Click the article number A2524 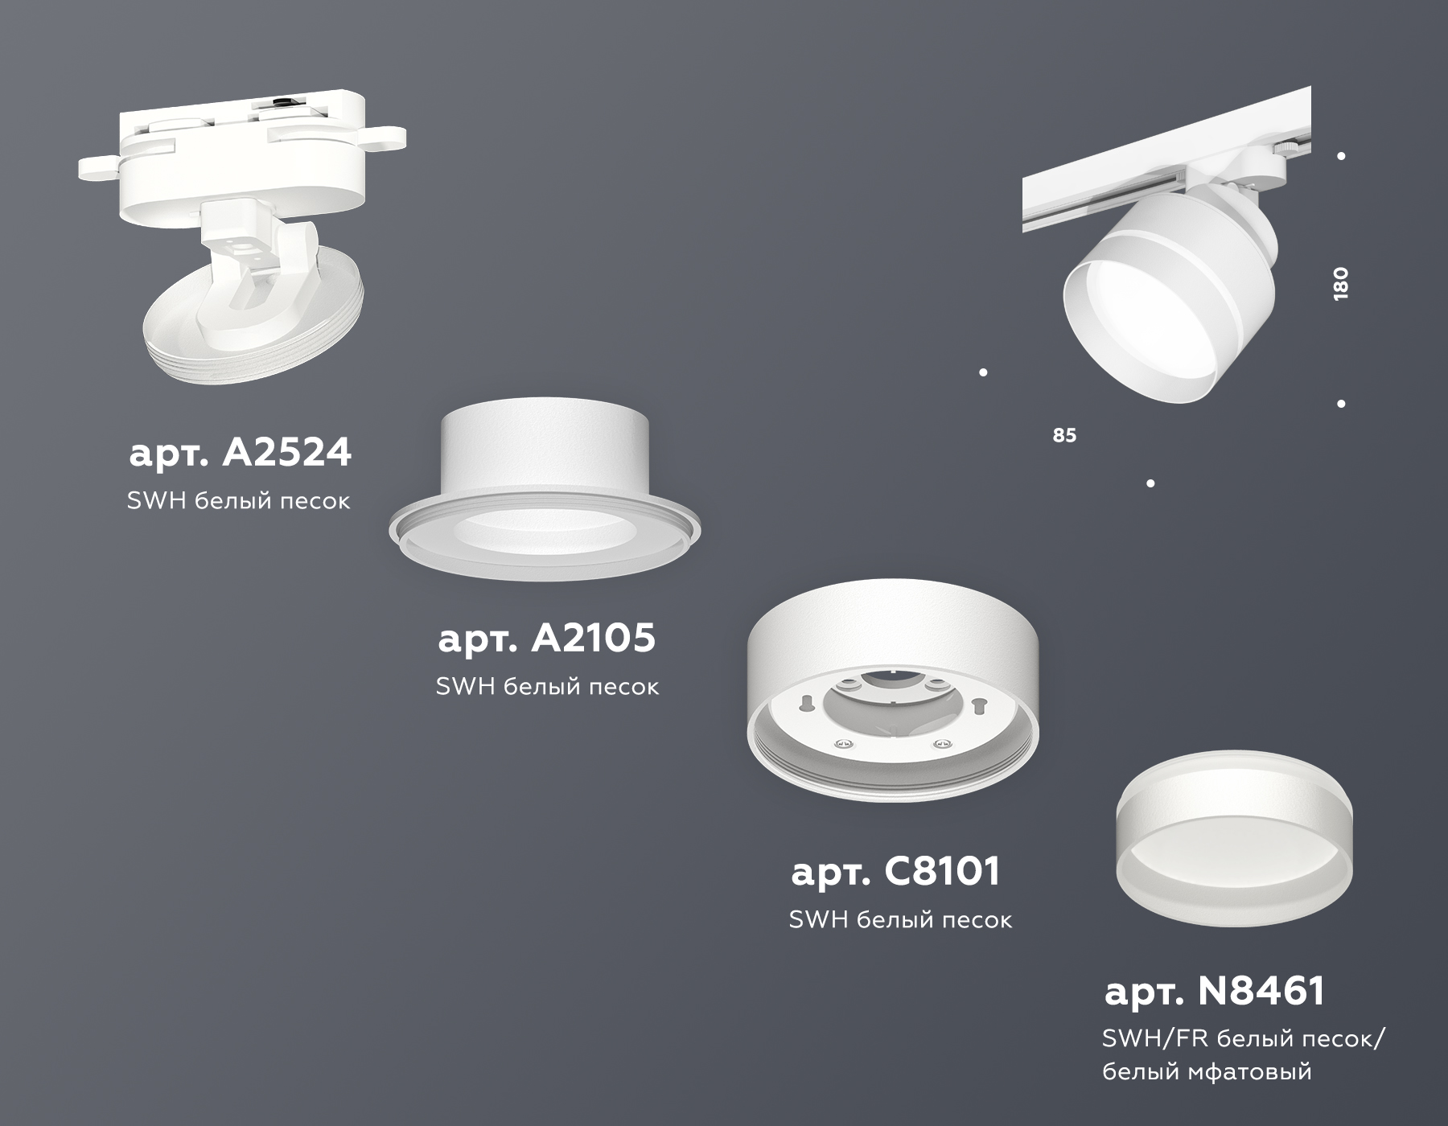pyautogui.click(x=240, y=453)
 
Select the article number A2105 pyautogui.click(x=547, y=639)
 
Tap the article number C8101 pyautogui.click(x=895, y=871)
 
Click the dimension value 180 pyautogui.click(x=1340, y=284)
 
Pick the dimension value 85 pyautogui.click(x=1064, y=435)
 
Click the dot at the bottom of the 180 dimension pyautogui.click(x=1341, y=404)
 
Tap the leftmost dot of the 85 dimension pyautogui.click(x=983, y=372)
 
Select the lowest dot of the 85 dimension pyautogui.click(x=1150, y=483)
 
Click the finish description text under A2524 pyautogui.click(x=239, y=501)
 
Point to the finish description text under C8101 pyautogui.click(x=900, y=919)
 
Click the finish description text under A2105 pyautogui.click(x=547, y=686)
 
